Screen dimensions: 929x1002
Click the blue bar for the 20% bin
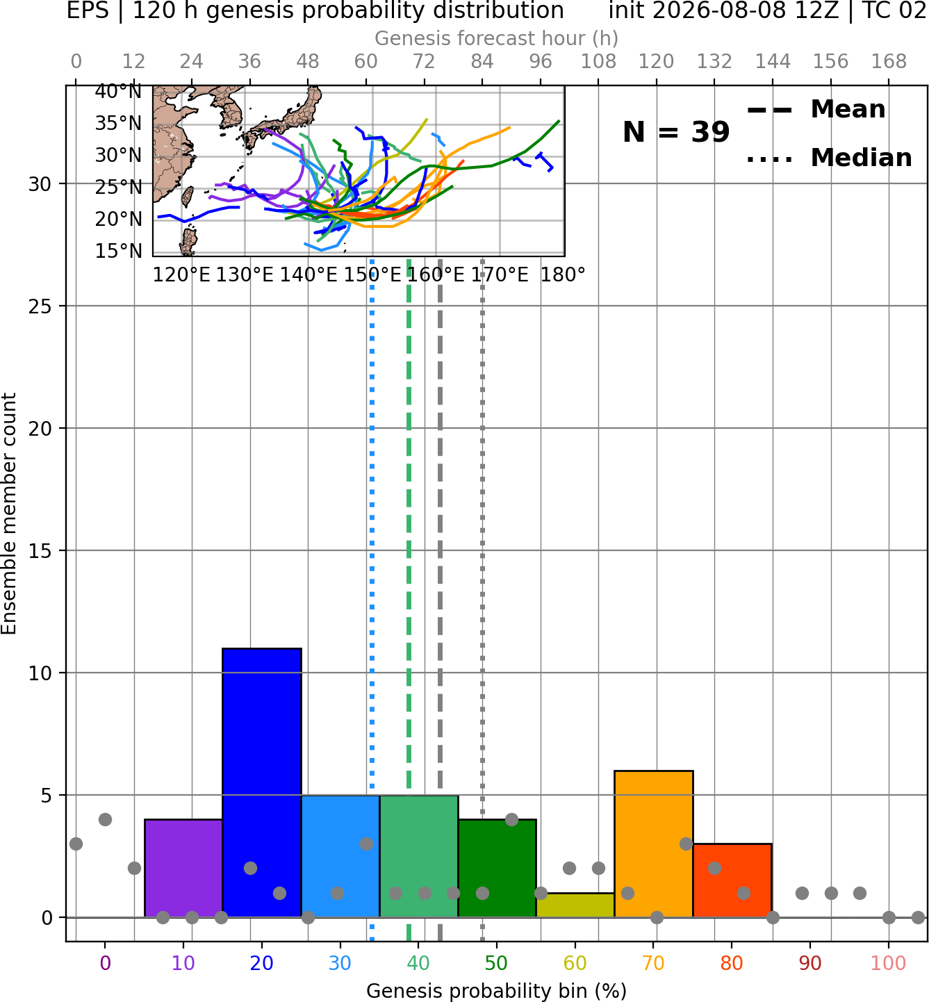262,782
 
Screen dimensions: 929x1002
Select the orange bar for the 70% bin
653,844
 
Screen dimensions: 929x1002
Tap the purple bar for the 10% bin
183,868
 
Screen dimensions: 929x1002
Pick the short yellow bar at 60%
575,905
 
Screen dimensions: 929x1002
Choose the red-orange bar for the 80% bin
732,880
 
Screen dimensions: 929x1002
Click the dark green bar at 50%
497,868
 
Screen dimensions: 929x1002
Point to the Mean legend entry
816,110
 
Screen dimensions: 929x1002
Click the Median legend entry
829,158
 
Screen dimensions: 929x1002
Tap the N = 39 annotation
676,132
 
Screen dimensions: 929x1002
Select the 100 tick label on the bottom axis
889,963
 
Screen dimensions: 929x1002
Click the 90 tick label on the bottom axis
810,963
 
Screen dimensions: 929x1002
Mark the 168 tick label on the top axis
889,62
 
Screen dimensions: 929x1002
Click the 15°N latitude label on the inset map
119,251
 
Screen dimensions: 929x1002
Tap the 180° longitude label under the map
563,275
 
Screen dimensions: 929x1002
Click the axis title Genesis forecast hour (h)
497,38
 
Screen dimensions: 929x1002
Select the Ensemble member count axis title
9,514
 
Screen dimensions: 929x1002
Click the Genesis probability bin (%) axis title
497,991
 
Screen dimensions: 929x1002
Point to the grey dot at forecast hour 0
76,844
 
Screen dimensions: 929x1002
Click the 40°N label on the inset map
119,91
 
